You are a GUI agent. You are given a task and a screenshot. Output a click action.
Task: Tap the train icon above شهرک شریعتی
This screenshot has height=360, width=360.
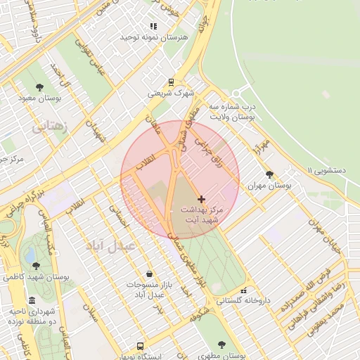click(172, 82)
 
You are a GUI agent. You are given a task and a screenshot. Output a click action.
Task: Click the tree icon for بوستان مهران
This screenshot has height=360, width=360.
click(269, 175)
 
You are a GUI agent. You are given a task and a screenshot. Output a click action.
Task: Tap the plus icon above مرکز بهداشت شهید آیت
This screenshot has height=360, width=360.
click(202, 200)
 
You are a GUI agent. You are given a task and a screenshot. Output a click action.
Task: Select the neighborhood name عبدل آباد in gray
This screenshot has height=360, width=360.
click(110, 246)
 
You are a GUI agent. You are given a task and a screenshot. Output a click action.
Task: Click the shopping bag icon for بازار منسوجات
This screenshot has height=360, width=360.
click(148, 274)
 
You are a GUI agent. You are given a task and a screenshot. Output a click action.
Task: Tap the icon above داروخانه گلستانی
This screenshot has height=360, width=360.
click(243, 290)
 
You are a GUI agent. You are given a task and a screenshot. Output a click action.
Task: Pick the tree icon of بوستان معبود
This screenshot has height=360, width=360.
click(38, 87)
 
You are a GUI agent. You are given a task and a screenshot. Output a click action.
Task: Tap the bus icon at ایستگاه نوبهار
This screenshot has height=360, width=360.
click(140, 346)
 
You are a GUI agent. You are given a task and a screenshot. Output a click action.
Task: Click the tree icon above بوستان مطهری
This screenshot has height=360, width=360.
click(222, 345)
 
